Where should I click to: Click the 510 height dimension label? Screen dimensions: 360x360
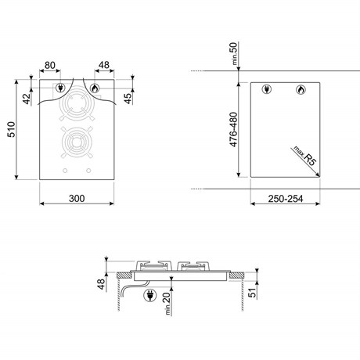(12, 129)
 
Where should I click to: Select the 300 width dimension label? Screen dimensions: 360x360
(77, 199)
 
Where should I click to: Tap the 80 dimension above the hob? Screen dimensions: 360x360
(50, 65)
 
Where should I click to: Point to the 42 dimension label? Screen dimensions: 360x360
(27, 99)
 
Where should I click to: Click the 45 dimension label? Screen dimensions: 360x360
(128, 99)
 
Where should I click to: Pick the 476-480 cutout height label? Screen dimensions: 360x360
(233, 129)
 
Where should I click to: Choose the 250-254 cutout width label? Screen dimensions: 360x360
(286, 199)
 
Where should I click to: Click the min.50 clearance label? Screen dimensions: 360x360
(235, 53)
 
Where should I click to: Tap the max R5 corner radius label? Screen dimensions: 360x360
(305, 156)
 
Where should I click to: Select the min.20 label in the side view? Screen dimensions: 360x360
(167, 304)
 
